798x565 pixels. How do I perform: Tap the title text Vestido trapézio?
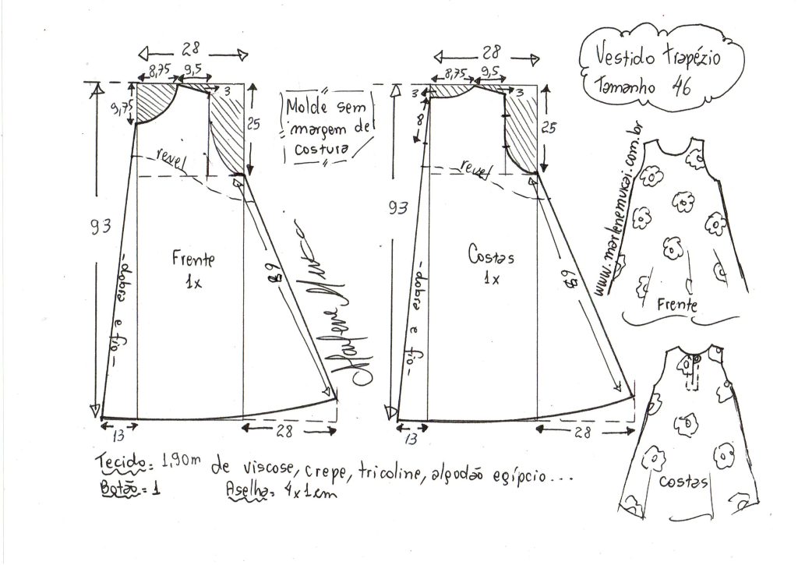pos(659,56)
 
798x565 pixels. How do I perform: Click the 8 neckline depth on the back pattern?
pos(420,119)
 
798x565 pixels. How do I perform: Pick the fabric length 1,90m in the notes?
pos(180,461)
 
